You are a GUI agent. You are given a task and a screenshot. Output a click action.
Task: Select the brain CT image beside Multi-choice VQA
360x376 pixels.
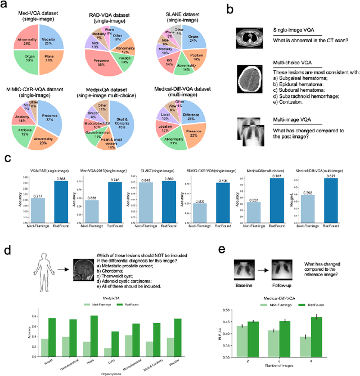coord(249,78)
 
